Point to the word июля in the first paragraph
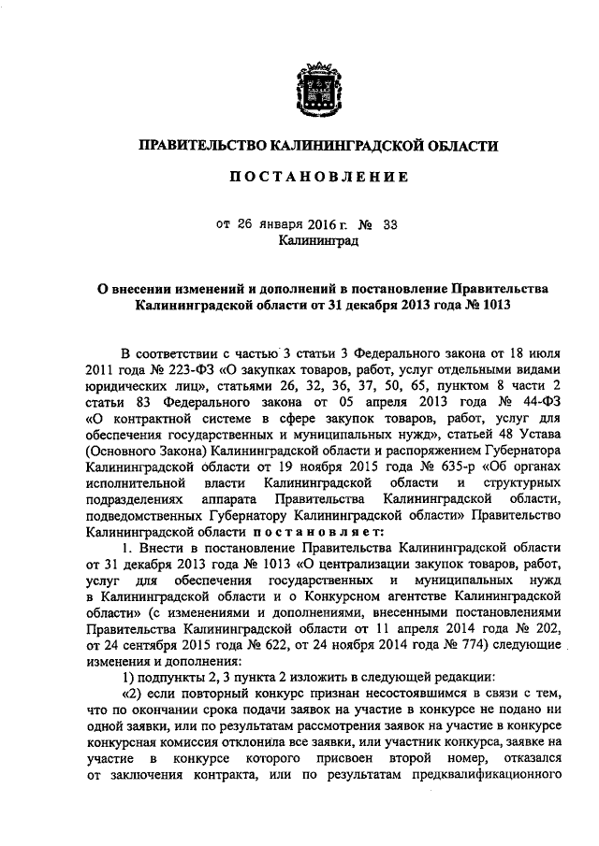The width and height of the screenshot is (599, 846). click(541, 352)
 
